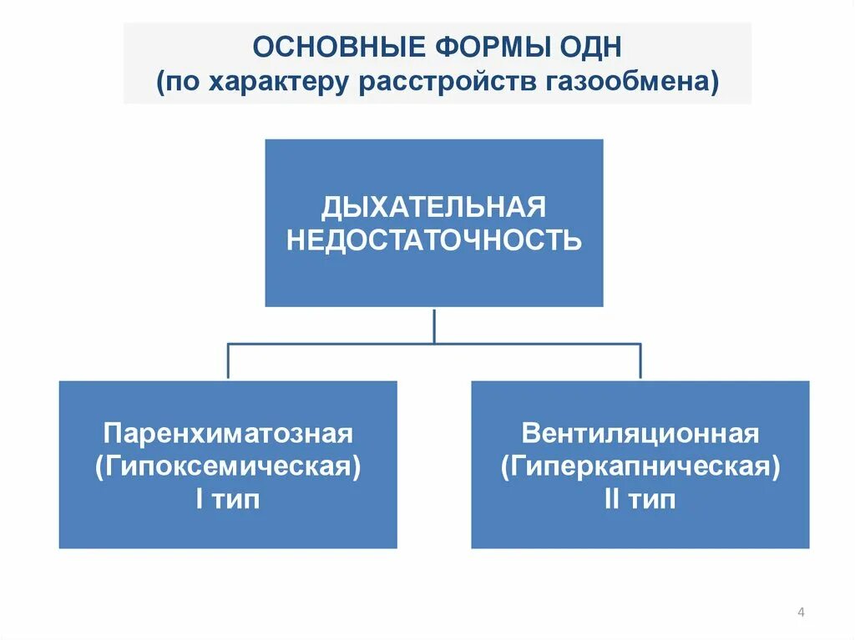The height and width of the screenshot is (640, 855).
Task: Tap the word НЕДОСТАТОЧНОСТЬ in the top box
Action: pos(433,240)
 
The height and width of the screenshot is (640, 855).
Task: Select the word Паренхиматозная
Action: pos(228,434)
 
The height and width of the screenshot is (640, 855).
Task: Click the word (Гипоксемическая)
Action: pos(228,466)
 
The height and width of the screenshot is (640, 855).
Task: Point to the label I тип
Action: pos(228,500)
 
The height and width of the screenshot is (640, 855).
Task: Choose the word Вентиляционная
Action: pos(640,434)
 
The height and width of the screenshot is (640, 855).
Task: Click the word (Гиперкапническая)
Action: pos(640,466)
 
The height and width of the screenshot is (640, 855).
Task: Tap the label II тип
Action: pos(640,500)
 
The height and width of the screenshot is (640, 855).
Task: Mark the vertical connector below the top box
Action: pos(434,325)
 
